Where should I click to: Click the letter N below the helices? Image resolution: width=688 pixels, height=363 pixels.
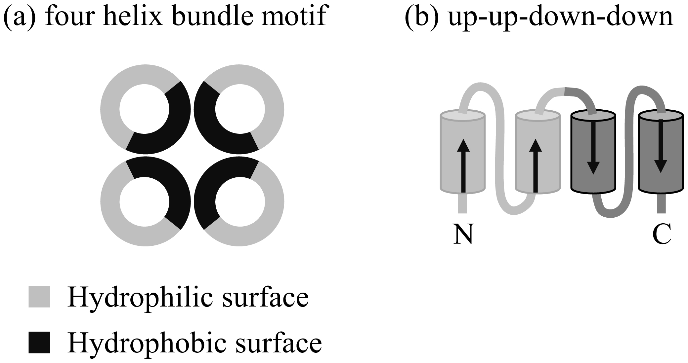pos(463,234)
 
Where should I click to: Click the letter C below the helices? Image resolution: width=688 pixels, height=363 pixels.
pos(662,234)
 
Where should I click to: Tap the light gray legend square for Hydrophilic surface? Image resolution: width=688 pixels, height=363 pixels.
pos(39,297)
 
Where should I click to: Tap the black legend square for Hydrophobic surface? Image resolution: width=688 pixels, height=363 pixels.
pos(39,342)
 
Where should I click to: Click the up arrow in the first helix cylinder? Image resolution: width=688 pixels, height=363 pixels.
pos(463,165)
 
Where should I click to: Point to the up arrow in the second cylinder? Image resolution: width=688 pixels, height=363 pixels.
pos(536,165)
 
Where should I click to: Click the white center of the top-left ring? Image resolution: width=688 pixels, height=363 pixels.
pos(144,109)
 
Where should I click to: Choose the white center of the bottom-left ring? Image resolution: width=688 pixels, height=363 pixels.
pos(144,202)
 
